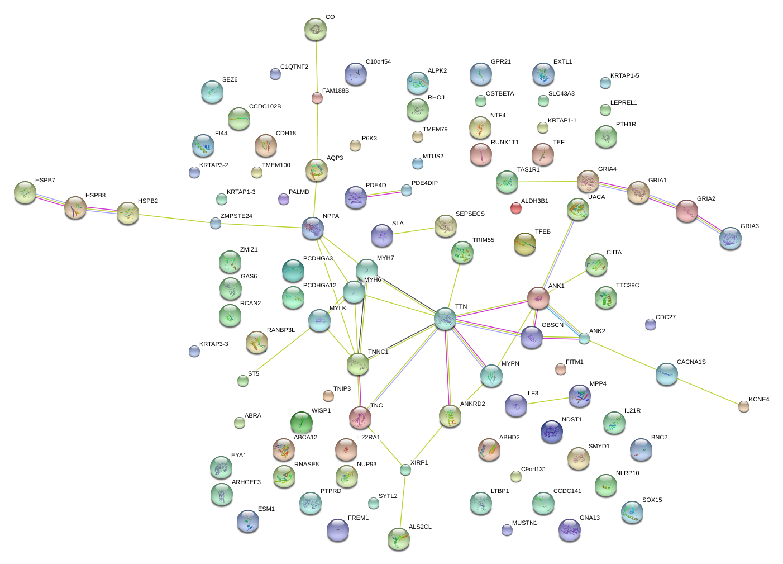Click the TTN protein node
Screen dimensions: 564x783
[x=445, y=318]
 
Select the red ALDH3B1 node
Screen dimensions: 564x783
[x=516, y=208]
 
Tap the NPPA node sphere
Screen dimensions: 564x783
[x=313, y=228]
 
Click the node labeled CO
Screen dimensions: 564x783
[x=316, y=29]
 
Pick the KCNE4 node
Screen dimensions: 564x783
[x=743, y=406]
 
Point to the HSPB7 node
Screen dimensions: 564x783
[x=25, y=192]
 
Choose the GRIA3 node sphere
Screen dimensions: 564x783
[x=731, y=238]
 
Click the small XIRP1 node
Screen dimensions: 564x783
[x=405, y=470]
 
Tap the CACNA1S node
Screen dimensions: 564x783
[x=666, y=374]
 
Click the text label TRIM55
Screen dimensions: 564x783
[x=483, y=240]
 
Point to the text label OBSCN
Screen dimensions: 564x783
[x=552, y=325]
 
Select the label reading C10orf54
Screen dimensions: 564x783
[x=378, y=62]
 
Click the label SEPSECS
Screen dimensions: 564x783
[x=470, y=214]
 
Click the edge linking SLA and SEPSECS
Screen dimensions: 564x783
[x=414, y=231]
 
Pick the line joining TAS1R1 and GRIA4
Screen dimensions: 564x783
[x=547, y=182]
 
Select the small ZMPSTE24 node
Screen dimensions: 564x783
[x=216, y=224]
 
